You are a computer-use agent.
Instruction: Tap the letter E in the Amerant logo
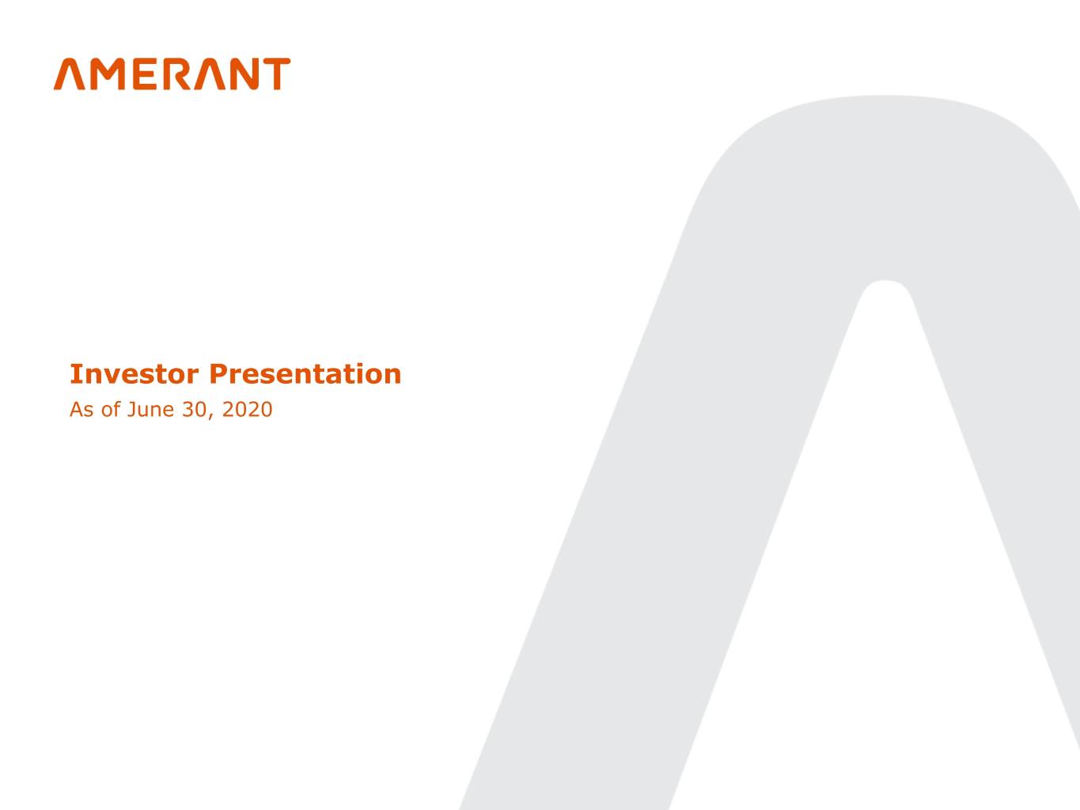point(145,74)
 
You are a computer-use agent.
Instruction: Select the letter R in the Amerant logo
point(176,74)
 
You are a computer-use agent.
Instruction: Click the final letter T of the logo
point(276,74)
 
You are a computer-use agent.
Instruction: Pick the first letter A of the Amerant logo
point(70,74)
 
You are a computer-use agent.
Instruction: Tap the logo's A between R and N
point(210,74)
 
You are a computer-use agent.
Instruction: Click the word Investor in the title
point(135,374)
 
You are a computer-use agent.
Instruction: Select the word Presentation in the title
point(305,374)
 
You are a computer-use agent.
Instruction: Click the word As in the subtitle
point(81,410)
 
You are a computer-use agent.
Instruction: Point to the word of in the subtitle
point(111,409)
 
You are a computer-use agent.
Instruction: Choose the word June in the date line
point(150,410)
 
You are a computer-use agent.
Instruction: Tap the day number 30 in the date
point(195,410)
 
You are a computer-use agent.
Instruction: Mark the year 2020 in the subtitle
point(247,410)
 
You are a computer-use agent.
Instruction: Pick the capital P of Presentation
point(218,374)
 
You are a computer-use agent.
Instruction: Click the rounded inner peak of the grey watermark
point(885,281)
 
